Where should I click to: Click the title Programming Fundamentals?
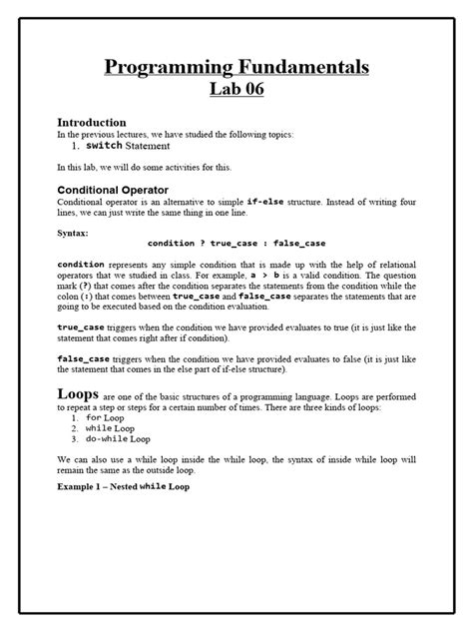click(236, 67)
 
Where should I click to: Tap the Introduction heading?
click(91, 121)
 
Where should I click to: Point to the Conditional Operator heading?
click(112, 189)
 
